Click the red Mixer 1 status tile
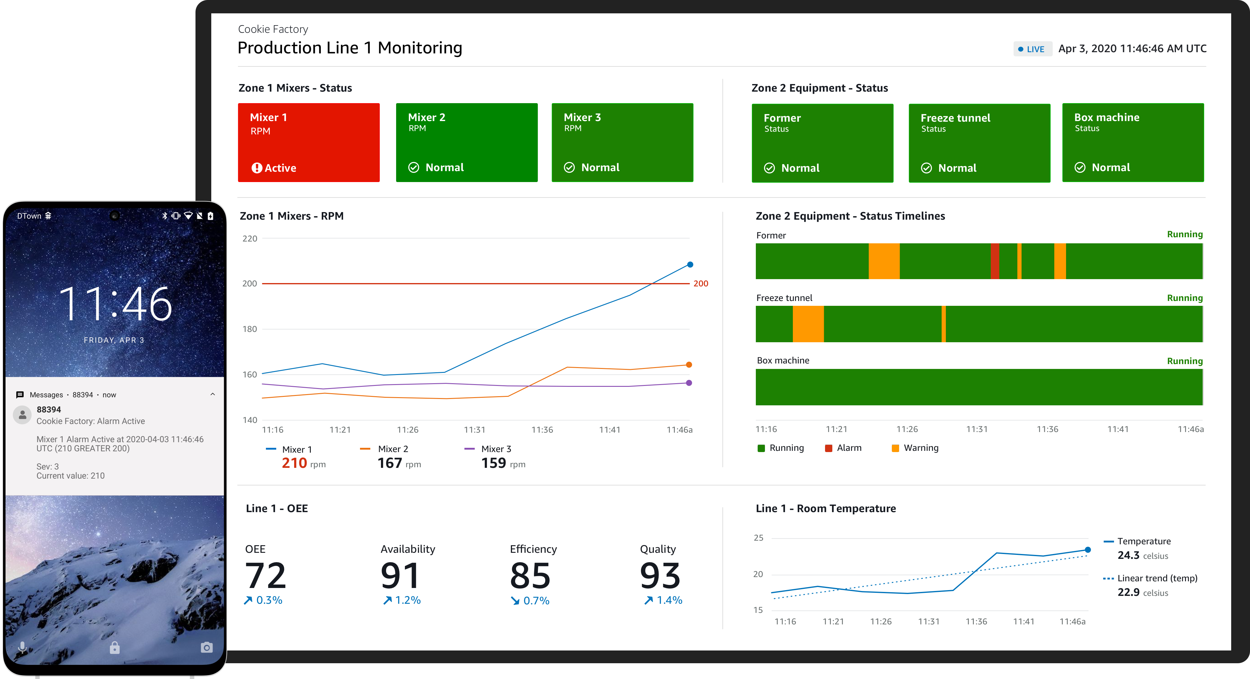309,143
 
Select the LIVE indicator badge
1032,49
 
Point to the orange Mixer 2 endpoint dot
689,365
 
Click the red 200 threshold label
701,284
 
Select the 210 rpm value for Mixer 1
294,463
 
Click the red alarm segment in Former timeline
995,261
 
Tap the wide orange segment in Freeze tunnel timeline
808,324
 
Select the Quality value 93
660,576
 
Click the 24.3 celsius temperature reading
1128,555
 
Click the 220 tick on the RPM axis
250,238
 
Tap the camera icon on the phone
207,647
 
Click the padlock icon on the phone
114,647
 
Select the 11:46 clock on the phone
115,304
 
